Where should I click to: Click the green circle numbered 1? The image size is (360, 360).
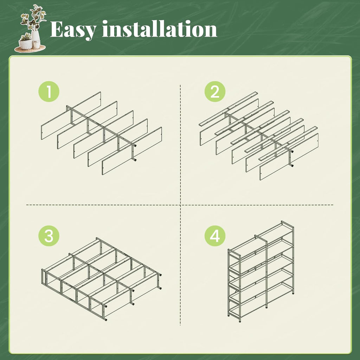coord(49,91)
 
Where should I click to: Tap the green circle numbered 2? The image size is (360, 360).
coord(215,91)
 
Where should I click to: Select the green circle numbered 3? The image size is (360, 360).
coord(49,236)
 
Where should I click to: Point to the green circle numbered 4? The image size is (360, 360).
coord(215,236)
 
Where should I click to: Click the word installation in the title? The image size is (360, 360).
coord(160,29)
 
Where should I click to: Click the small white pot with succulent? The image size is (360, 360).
coord(25,44)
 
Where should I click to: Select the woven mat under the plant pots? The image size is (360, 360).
coord(30,49)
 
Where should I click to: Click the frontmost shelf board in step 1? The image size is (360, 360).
coord(132,150)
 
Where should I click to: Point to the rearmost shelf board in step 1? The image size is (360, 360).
coord(71,115)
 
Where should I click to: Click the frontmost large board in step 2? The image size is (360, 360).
coord(289,156)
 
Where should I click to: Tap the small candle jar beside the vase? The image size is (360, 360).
coord(37,45)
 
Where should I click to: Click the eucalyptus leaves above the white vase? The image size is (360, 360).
coord(34,18)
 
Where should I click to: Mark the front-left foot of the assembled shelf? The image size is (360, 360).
coord(240,321)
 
